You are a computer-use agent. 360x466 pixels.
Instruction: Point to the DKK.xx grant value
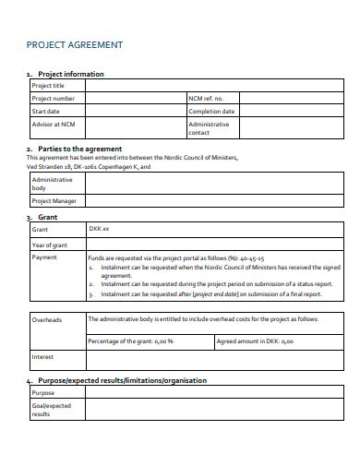[x=99, y=228]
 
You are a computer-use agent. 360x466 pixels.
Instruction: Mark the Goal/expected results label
[x=51, y=410]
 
